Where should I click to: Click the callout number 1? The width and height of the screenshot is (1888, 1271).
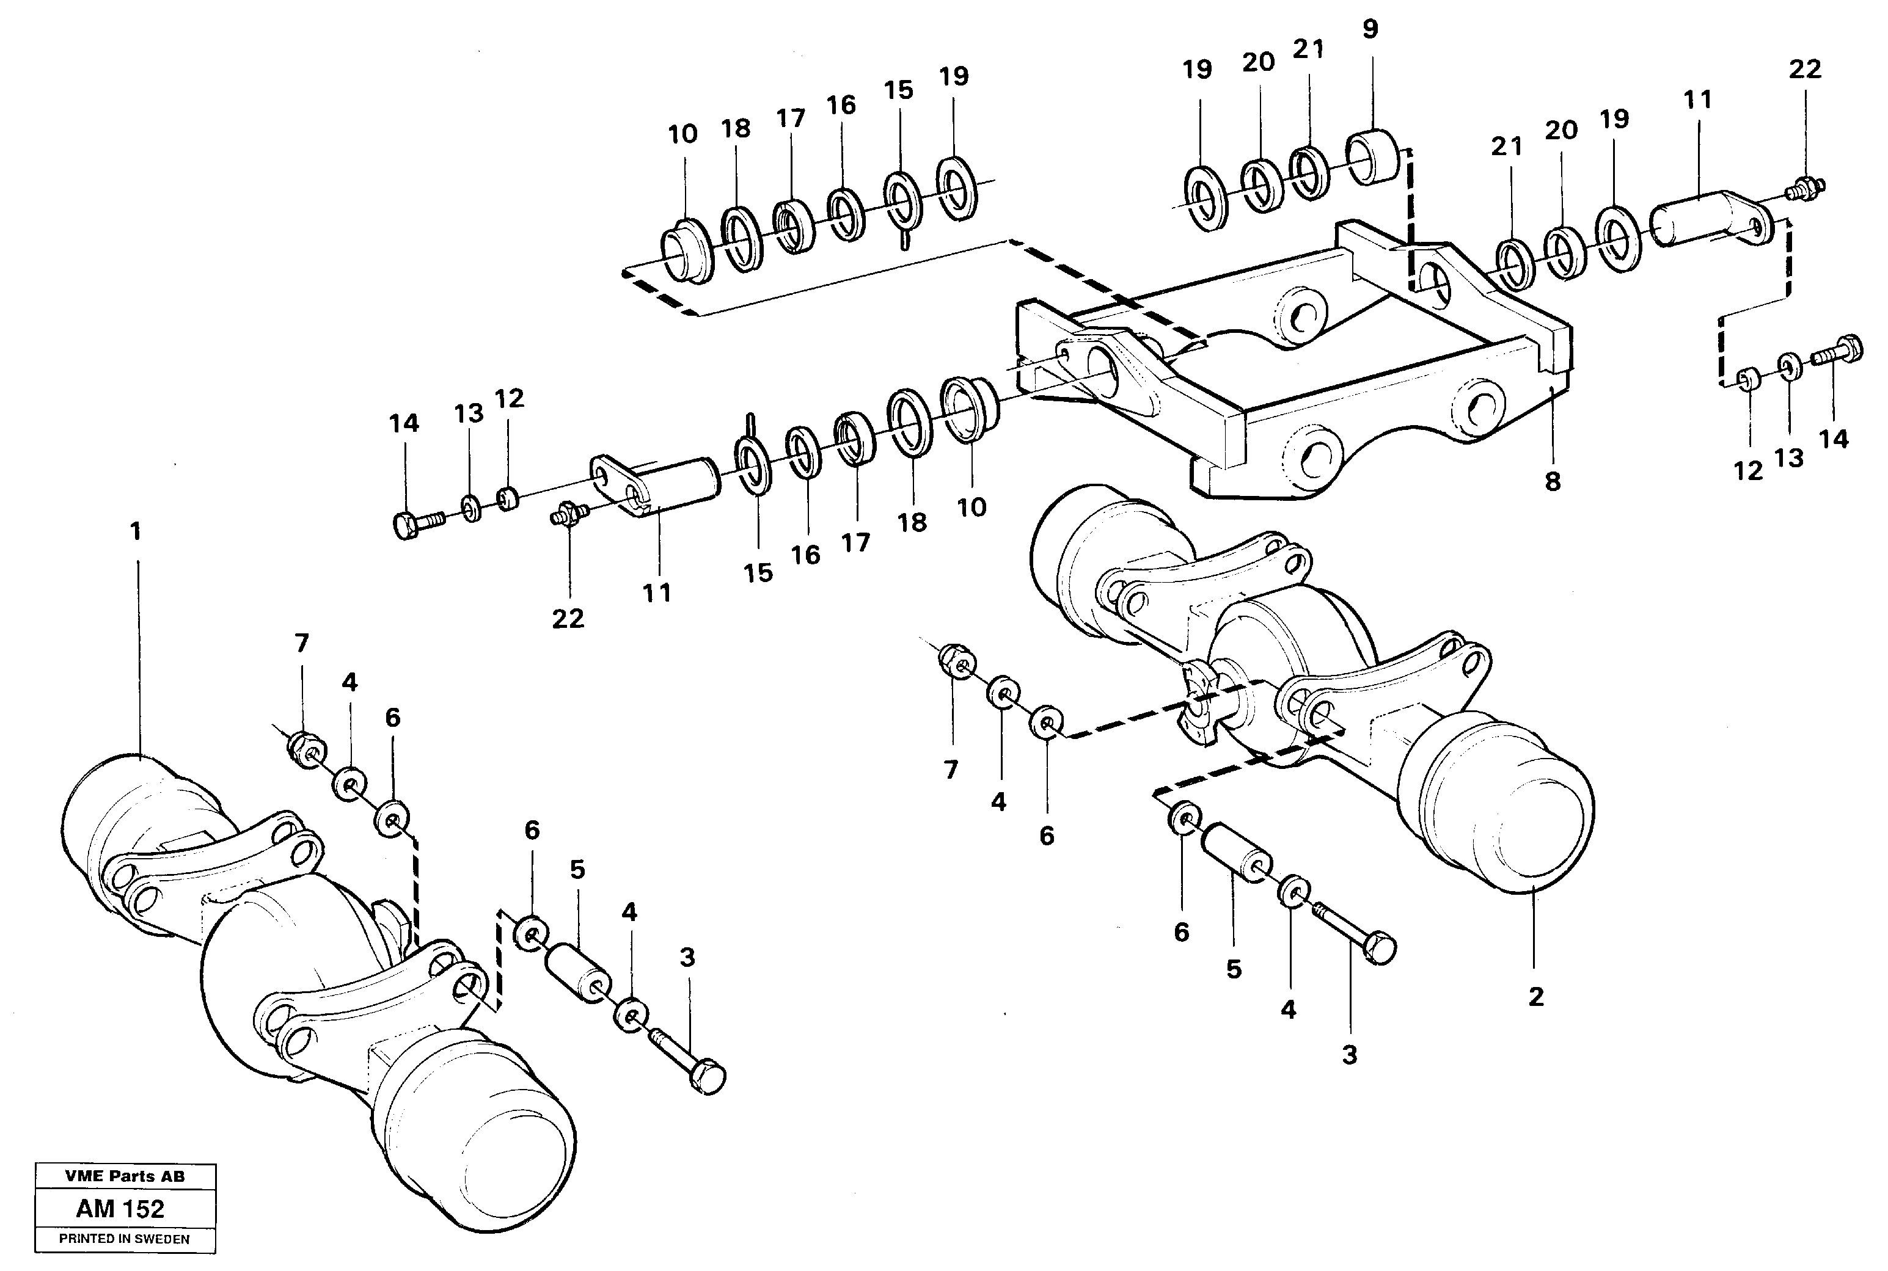(x=136, y=532)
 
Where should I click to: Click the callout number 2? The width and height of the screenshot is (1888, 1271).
(x=1535, y=997)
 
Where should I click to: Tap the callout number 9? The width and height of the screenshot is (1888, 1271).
(x=1369, y=30)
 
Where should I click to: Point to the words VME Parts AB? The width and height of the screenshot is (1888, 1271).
(x=125, y=1176)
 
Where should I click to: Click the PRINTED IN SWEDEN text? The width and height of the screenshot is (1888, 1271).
(x=124, y=1239)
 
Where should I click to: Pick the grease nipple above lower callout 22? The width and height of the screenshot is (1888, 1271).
(x=568, y=514)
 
